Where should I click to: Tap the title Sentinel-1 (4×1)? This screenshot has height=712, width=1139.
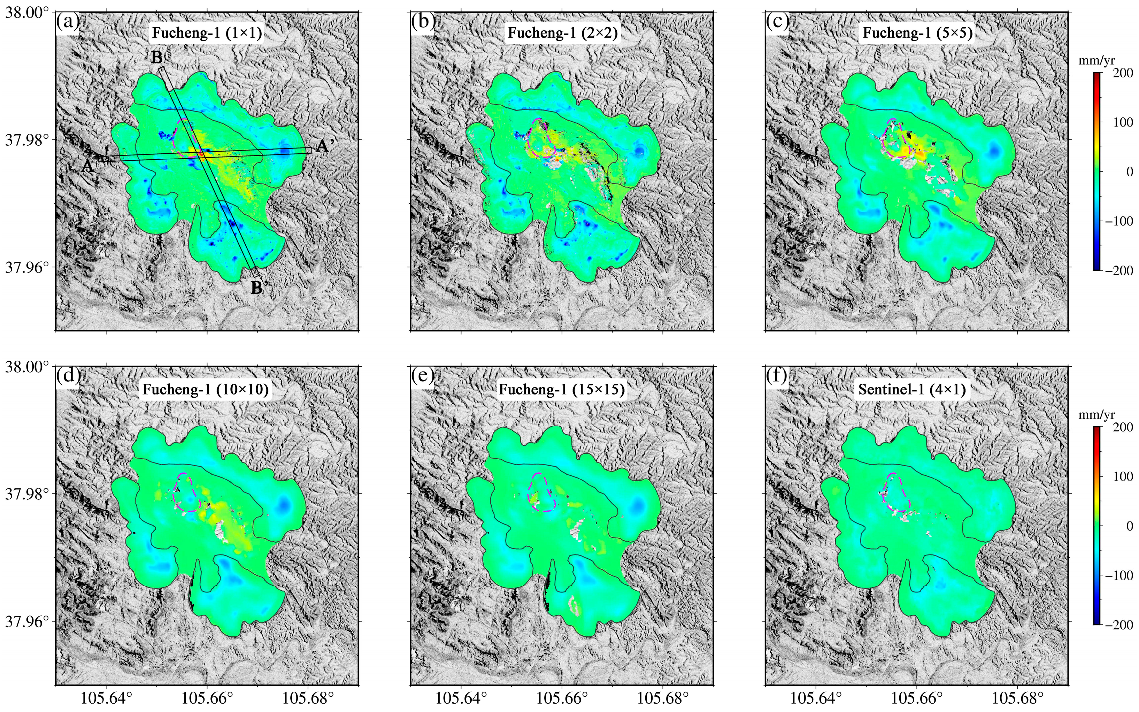click(912, 389)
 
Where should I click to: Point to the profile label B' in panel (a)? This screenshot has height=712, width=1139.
click(257, 287)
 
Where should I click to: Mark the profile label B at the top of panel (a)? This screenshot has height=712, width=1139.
click(157, 58)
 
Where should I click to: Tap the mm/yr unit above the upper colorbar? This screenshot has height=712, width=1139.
click(1096, 60)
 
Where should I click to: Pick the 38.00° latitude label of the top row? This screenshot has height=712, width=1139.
click(27, 12)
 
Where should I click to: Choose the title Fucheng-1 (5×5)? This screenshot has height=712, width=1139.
click(917, 33)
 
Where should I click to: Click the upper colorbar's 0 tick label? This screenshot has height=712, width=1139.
click(1130, 171)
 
